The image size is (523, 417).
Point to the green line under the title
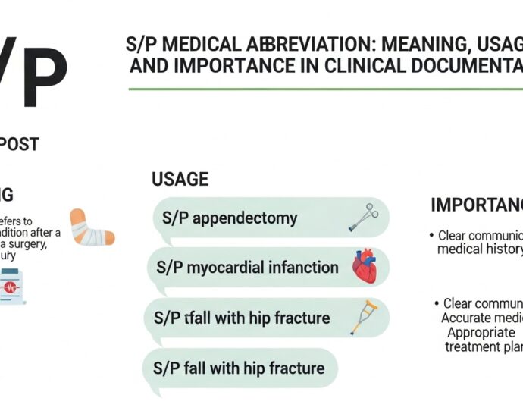(326, 89)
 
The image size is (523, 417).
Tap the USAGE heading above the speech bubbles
(180, 180)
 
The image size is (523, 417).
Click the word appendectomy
(245, 218)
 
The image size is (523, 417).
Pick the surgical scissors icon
(362, 218)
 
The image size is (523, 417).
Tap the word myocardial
(236, 268)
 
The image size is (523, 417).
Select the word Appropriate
(481, 332)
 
